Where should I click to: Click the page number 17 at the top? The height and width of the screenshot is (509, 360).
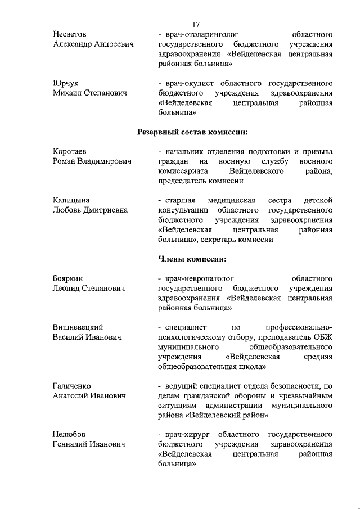coord(196,24)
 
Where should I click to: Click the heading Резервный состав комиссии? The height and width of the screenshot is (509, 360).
coord(193,132)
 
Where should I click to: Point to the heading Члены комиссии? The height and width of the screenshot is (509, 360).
coord(193,259)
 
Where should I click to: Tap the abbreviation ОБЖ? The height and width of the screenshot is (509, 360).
coord(322,337)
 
